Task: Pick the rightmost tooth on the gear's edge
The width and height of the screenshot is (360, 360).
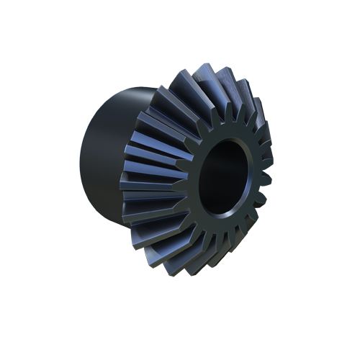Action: coord(268,173)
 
